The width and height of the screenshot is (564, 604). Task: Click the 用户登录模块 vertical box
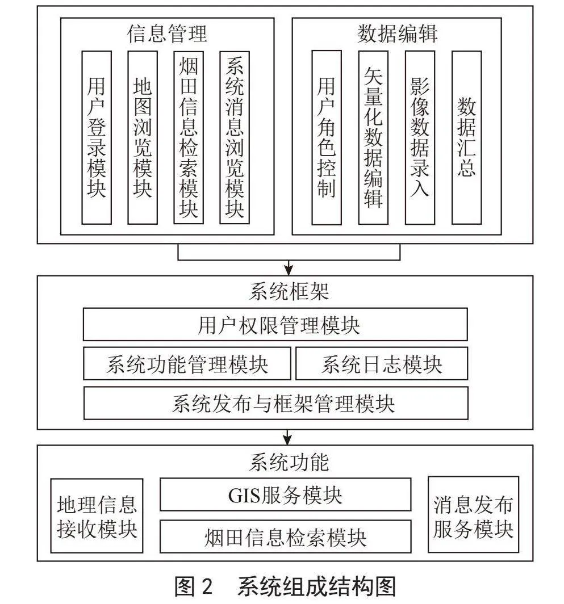coord(97,137)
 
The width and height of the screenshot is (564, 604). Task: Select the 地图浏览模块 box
coord(143,137)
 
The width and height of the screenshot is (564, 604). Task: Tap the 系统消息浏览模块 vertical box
coord(235,137)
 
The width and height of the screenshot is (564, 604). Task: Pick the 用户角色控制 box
coord(327,137)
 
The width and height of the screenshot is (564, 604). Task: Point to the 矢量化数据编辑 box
coord(373,137)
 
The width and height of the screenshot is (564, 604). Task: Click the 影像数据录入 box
coord(420,137)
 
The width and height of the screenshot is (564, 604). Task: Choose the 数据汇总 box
coord(466,137)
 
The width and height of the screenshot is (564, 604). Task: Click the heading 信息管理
coord(167,33)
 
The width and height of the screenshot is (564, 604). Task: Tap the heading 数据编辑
coord(397,33)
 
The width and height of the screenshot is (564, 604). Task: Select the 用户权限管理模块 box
coord(275,324)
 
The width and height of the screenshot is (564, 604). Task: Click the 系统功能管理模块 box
coord(187,364)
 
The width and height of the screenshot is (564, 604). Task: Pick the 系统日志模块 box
coord(382,364)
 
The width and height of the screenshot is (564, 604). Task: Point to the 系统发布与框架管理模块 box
coord(275,403)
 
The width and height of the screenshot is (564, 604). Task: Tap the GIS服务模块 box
coord(285,494)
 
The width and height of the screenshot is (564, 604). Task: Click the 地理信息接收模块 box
coord(97,516)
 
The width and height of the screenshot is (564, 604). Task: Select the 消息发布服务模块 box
coord(473,514)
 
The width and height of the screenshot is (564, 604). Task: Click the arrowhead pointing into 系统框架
coord(289,270)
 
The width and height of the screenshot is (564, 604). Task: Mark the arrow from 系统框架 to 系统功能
coord(287,437)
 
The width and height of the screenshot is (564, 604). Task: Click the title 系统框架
coord(289,291)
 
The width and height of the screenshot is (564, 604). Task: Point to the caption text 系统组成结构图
coord(317,586)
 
